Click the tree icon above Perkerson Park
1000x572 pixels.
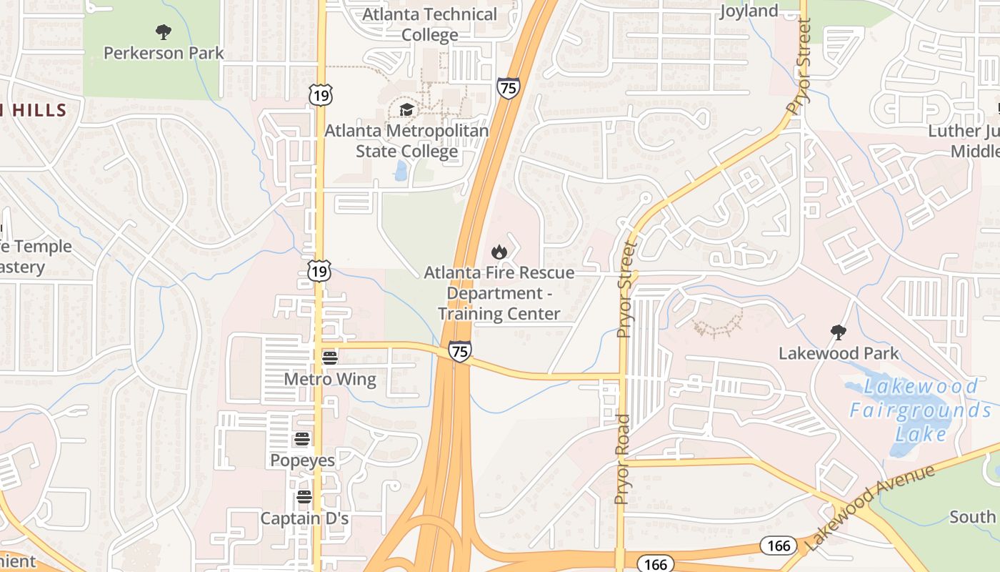(164, 31)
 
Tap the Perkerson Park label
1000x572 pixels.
(164, 53)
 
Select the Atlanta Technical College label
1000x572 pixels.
(429, 24)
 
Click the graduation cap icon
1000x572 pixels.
(406, 109)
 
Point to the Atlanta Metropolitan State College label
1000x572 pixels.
(406, 141)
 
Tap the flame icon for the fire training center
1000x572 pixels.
(499, 252)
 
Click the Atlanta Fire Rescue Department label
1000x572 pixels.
(499, 293)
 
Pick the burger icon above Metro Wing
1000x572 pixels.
(329, 357)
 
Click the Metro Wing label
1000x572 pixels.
(330, 379)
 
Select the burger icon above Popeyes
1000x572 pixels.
(302, 439)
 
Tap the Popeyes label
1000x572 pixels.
(302, 460)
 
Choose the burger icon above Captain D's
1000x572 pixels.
(304, 497)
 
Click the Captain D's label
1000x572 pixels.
(304, 518)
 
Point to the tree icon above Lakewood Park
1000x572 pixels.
(839, 332)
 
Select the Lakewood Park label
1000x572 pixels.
(839, 353)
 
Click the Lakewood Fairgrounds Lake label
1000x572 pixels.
(921, 410)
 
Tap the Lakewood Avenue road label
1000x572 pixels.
(870, 508)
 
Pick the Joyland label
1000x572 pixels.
(749, 11)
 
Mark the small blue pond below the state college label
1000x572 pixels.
(401, 170)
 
